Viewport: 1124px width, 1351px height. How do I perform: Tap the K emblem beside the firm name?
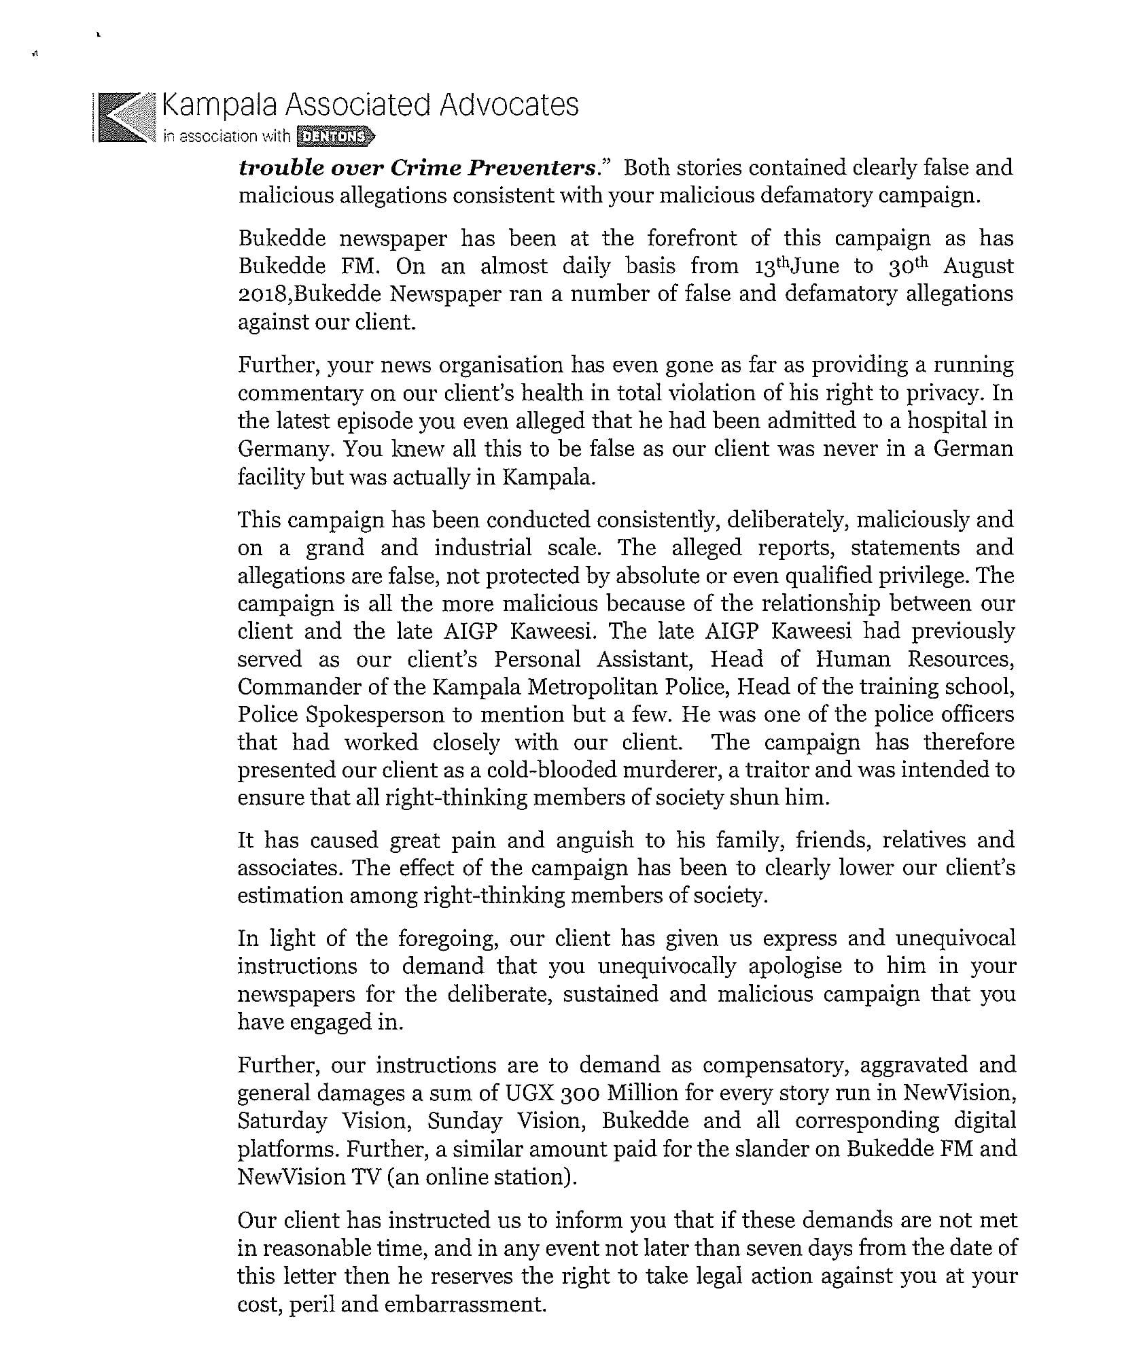pos(122,117)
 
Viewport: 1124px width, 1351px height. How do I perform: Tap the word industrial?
pos(482,548)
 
